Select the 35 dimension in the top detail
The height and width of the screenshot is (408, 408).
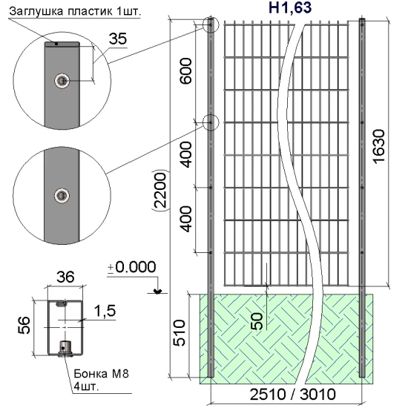(117, 39)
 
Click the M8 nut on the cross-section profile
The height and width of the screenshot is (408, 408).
(63, 346)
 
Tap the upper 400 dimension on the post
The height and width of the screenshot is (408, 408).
(186, 157)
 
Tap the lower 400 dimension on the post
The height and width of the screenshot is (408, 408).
(186, 220)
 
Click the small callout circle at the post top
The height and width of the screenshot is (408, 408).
(211, 26)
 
